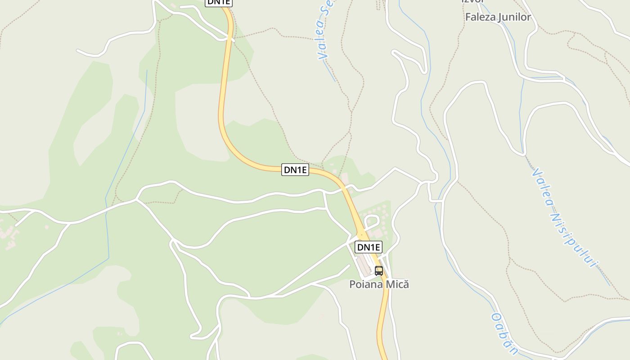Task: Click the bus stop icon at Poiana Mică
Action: [379, 270]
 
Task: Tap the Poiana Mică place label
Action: [379, 284]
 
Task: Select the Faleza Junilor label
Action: [498, 17]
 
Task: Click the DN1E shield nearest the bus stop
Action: [369, 247]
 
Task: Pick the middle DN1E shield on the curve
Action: [295, 170]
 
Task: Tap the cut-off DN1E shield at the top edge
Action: [219, 2]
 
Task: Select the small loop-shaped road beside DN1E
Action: [372, 221]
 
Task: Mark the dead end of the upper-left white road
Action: [78, 51]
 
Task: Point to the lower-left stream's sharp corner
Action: [108, 258]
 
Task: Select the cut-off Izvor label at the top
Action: [472, 1]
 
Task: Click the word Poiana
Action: [364, 284]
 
